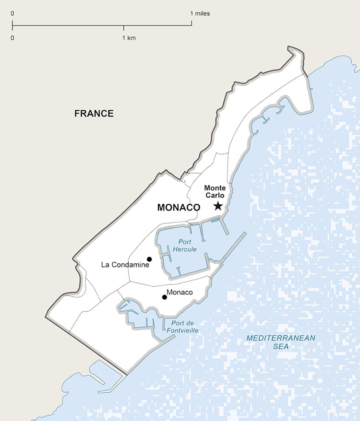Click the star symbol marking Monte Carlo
tap(218, 206)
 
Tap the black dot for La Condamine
tap(149, 259)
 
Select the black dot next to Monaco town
tap(165, 297)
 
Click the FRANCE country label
tap(94, 114)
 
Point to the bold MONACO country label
tap(179, 208)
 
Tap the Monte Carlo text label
tap(215, 192)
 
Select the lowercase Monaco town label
tap(180, 292)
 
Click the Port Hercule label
tap(185, 246)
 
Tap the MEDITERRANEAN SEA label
tap(281, 342)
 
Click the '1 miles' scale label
tap(200, 13)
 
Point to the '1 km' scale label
tap(129, 38)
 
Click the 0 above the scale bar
tap(12, 13)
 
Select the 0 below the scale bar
tap(12, 38)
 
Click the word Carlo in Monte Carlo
tap(215, 196)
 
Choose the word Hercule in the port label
tap(185, 249)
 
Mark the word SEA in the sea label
tap(281, 346)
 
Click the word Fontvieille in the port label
tap(183, 331)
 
